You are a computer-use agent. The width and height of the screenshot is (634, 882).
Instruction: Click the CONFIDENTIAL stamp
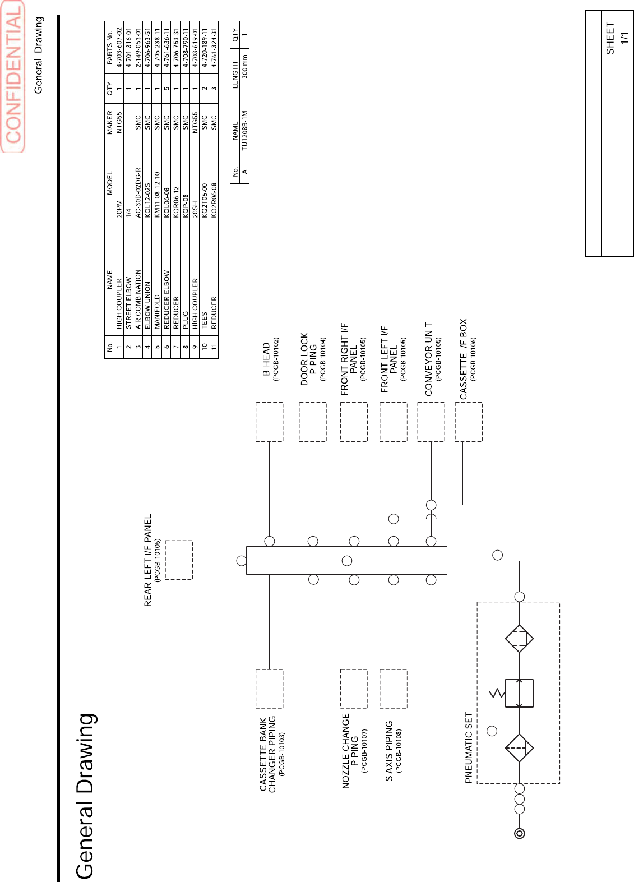click(13, 77)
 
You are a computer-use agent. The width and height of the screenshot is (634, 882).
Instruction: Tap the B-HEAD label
click(266, 359)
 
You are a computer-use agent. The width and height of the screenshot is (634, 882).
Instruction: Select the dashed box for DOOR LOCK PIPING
click(312, 422)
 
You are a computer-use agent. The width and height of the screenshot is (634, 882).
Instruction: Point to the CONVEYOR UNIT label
click(429, 359)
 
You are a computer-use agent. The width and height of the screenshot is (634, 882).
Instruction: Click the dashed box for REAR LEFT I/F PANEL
click(179, 560)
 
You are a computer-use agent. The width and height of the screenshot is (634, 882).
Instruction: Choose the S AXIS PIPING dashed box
click(393, 689)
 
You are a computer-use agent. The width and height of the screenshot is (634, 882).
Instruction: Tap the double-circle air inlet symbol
click(520, 833)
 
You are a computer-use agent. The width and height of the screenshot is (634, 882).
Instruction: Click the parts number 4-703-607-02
click(119, 48)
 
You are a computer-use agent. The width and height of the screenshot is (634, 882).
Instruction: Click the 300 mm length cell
click(244, 66)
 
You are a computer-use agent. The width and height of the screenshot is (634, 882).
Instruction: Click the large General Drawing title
click(86, 796)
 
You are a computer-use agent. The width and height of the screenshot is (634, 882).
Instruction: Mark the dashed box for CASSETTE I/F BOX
click(468, 422)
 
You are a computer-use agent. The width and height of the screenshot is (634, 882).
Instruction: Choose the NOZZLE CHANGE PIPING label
click(350, 750)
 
